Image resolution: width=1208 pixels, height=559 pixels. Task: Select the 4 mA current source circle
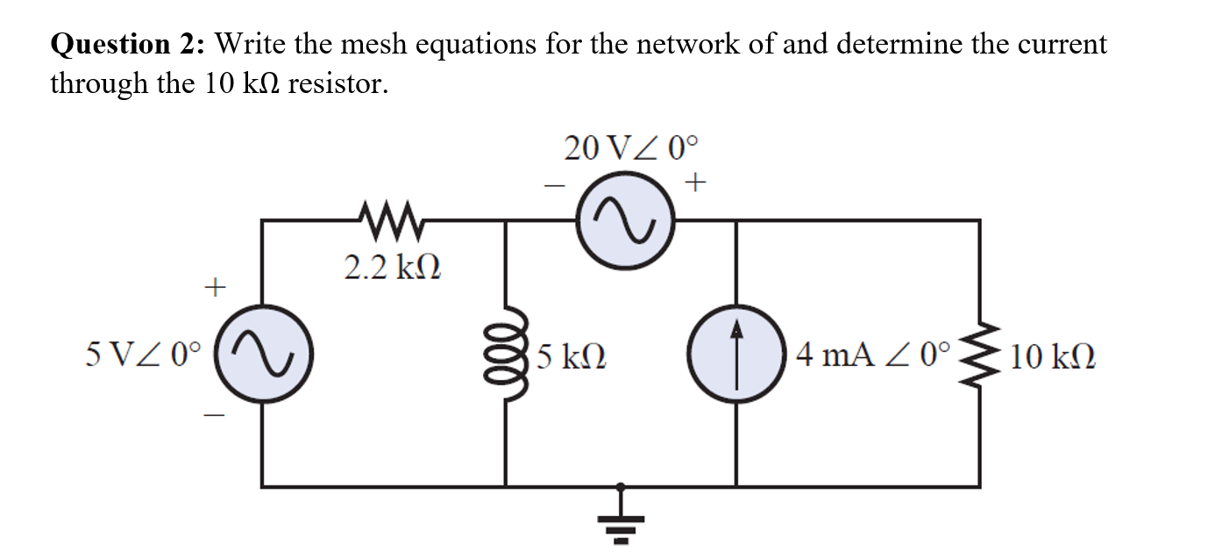coord(735,355)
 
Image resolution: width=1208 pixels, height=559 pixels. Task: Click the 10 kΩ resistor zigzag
coord(980,355)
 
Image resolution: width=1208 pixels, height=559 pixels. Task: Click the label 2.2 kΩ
coord(391,268)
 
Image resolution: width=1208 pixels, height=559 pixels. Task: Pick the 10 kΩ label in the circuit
coord(1052,356)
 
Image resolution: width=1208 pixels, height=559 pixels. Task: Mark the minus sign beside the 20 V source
coord(554,186)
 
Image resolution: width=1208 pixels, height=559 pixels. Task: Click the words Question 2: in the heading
coord(128,44)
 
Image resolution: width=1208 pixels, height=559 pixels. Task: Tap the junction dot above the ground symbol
coord(621,485)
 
